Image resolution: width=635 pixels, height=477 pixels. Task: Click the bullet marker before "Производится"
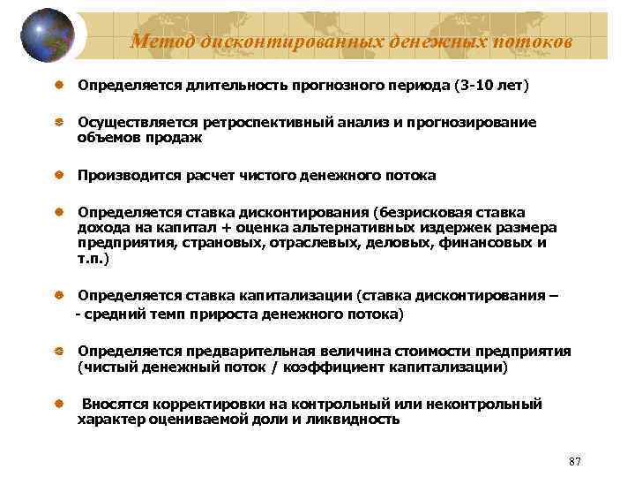(x=58, y=175)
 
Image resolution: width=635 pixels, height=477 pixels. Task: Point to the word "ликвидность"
(x=357, y=420)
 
